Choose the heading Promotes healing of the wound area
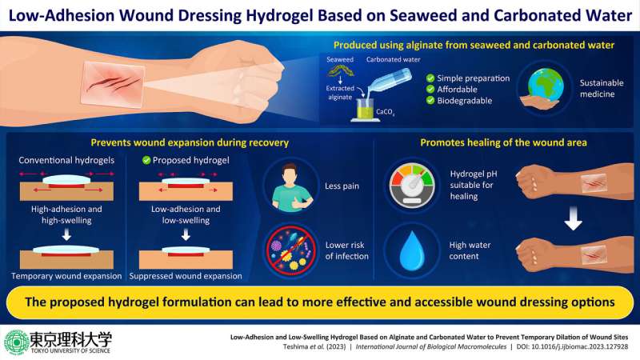point(504,143)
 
